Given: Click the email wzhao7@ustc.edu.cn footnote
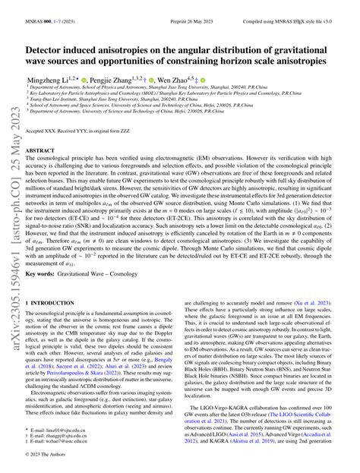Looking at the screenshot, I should (x=68, y=444).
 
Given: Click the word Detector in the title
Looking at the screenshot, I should (x=51, y=47).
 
